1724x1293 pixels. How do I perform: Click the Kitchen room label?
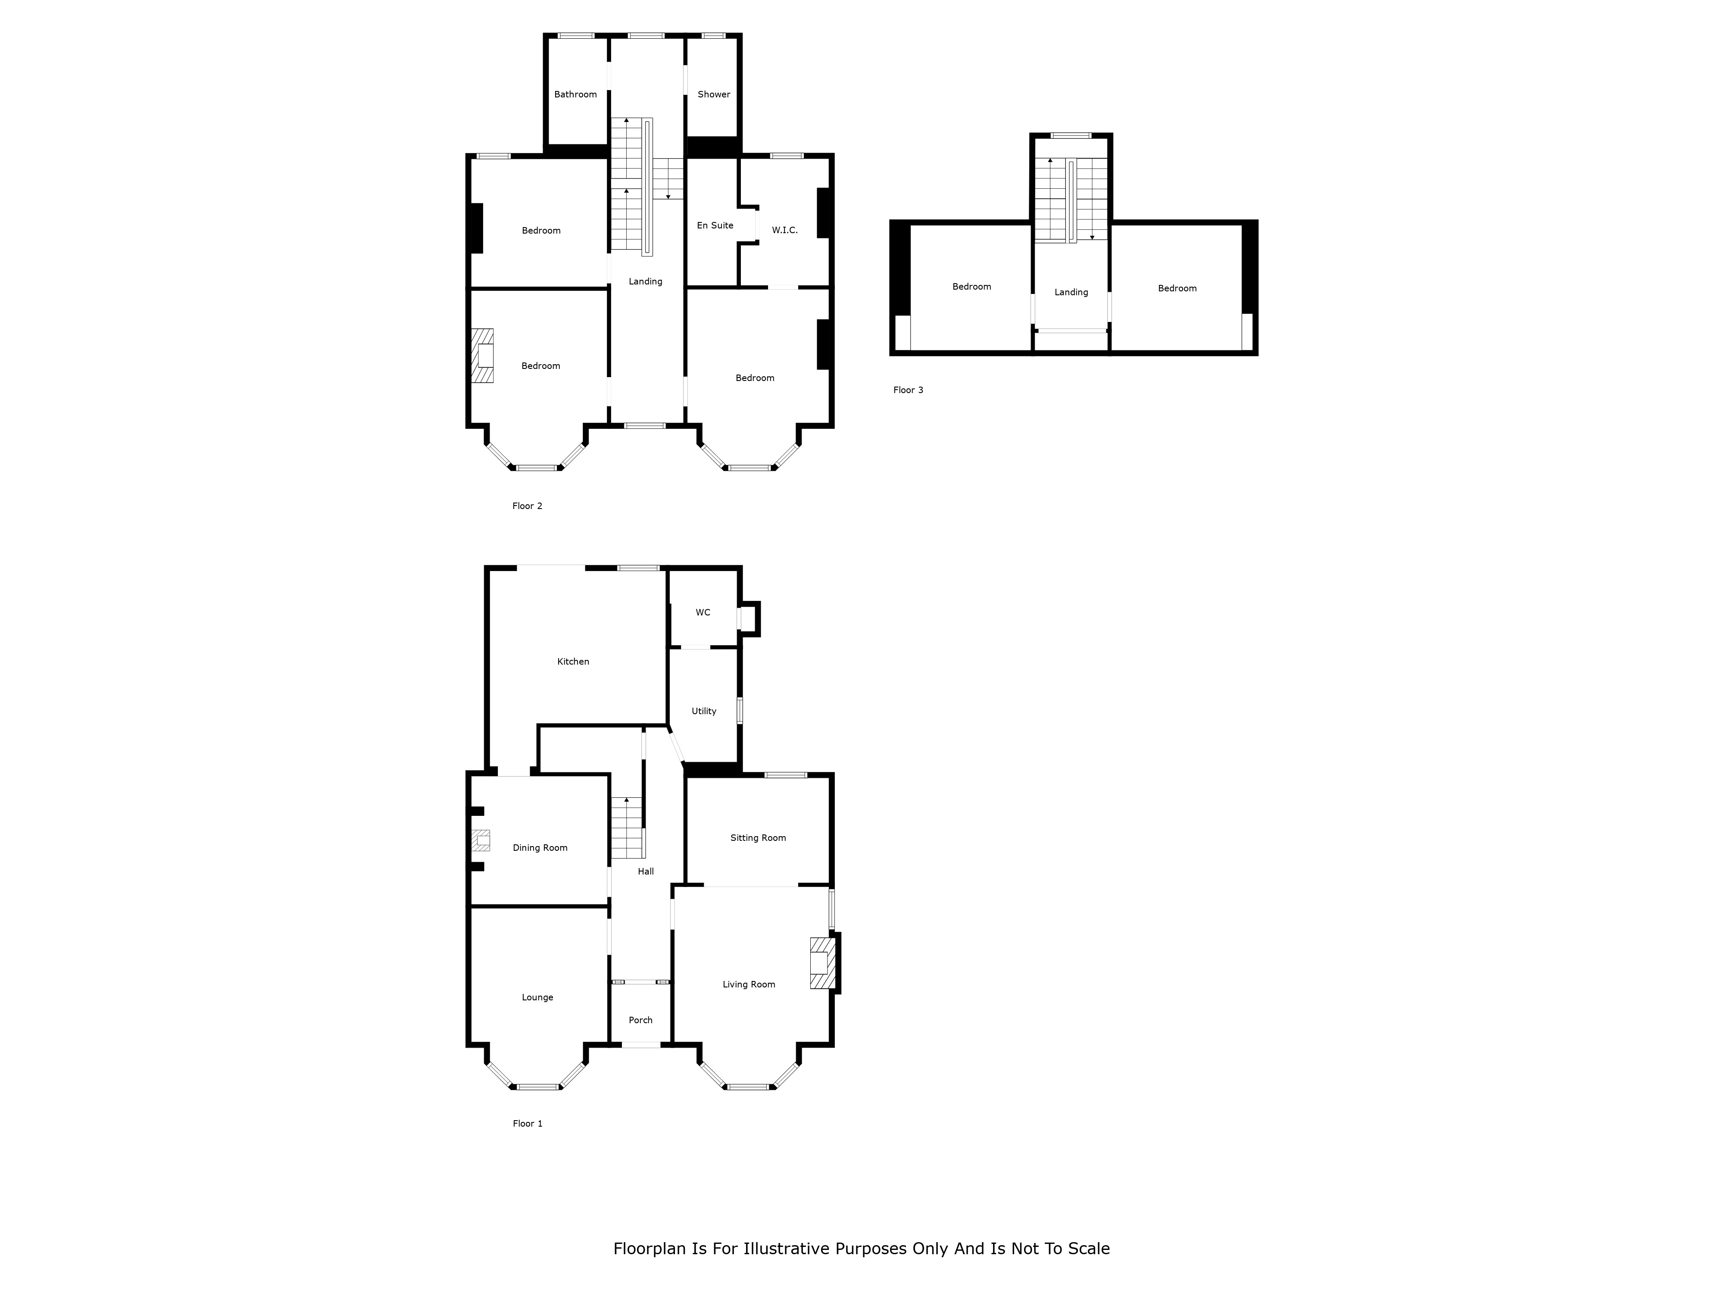click(x=573, y=662)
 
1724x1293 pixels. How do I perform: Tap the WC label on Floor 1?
click(x=703, y=612)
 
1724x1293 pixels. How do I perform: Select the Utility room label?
click(x=704, y=712)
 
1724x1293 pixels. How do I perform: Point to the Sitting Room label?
click(x=758, y=838)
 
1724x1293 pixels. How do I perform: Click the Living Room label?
click(x=748, y=984)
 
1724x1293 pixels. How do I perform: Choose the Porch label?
click(x=640, y=1020)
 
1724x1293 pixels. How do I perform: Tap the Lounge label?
click(x=537, y=998)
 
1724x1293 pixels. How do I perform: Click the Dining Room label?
click(x=540, y=848)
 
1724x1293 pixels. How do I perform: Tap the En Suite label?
click(x=715, y=225)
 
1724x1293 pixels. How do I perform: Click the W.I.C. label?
click(x=785, y=230)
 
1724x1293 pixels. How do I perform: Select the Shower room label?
click(x=714, y=94)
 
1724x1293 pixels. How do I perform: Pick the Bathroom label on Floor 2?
click(x=575, y=94)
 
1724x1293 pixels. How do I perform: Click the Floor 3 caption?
click(x=908, y=390)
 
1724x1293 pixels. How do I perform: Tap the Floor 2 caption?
click(x=527, y=506)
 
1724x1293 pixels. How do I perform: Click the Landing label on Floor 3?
click(x=1071, y=292)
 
